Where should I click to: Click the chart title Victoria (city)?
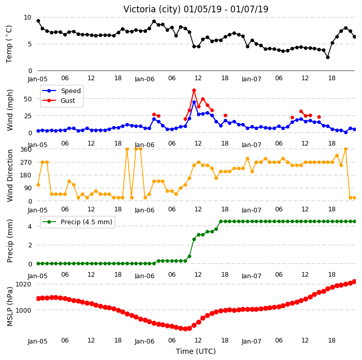[x=152, y=9]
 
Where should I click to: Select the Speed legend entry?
[x=61, y=91]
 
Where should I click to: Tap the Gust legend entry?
[x=59, y=101]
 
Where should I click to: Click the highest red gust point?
[x=194, y=91]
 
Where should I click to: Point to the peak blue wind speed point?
[x=194, y=102]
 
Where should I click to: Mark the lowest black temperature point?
[x=328, y=57]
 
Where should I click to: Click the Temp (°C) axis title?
[x=9, y=44]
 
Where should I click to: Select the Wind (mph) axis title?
[x=10, y=110]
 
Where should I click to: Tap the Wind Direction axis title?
[x=10, y=175]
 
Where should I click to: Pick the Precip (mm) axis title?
[x=10, y=241]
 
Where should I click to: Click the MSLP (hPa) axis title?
[x=10, y=307]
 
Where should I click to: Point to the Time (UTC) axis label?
[x=196, y=351]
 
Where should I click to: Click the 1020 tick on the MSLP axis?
[x=23, y=284]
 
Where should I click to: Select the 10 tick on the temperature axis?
[x=27, y=17]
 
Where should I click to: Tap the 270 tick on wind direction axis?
[x=26, y=163]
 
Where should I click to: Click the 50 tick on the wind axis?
[x=28, y=99]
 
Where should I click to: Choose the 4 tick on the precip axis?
[x=30, y=226]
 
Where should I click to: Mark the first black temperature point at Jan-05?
[x=39, y=21]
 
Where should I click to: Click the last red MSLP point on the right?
[x=355, y=281]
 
